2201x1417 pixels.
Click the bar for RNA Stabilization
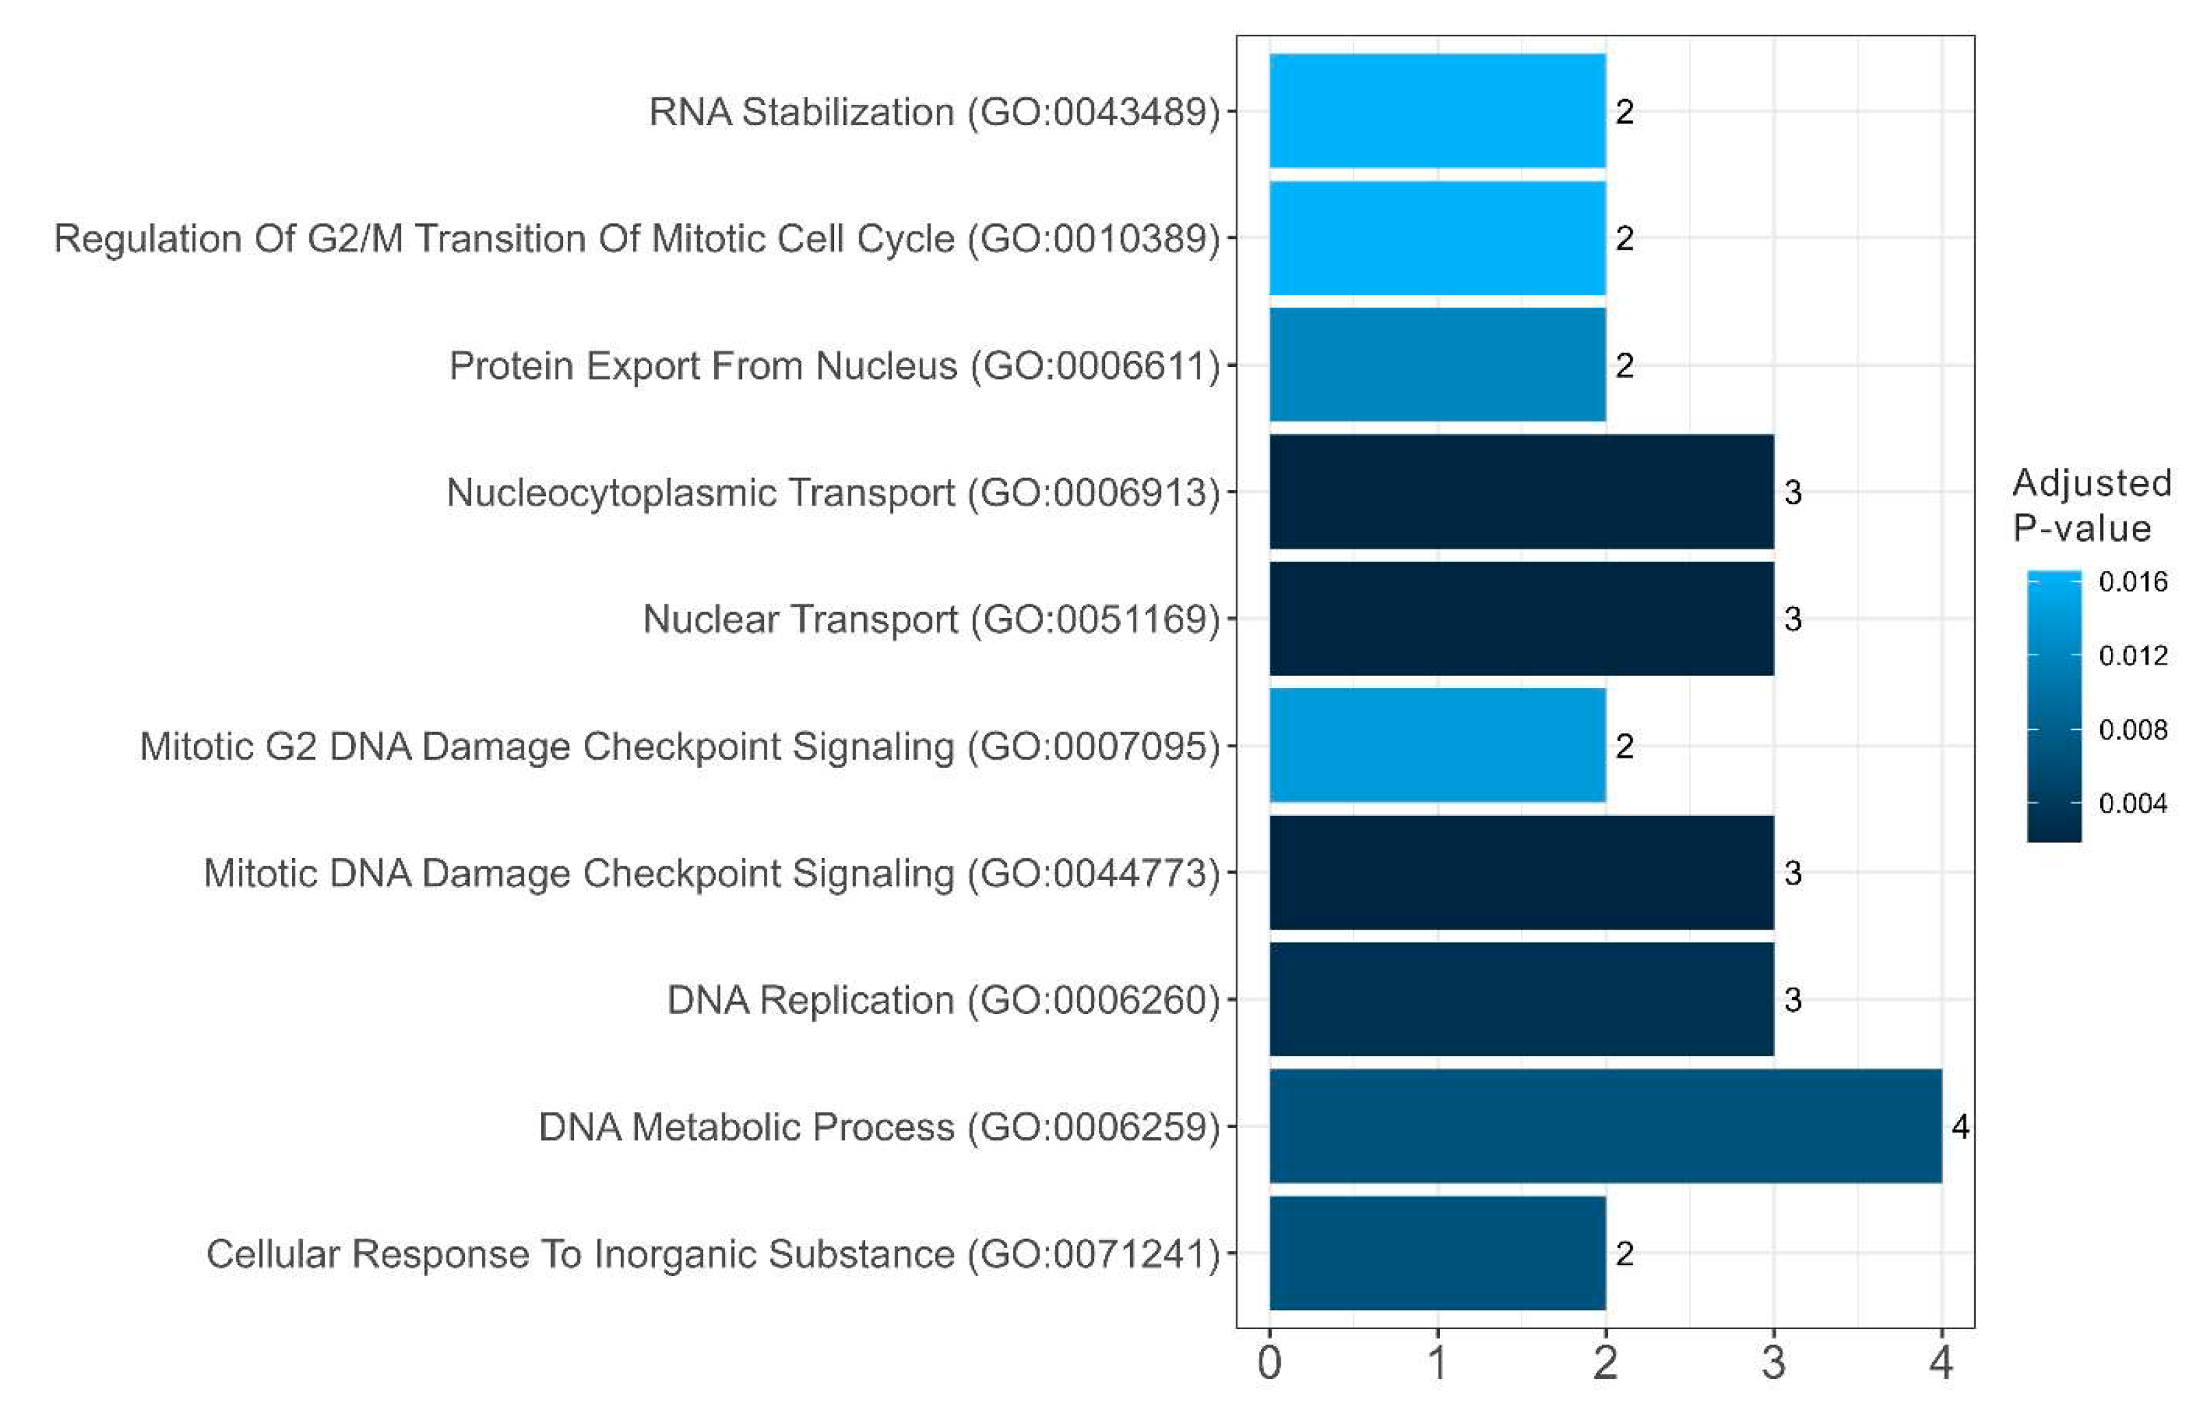coord(1436,112)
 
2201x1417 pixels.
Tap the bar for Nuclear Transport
coord(1521,619)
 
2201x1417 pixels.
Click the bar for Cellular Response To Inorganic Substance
coord(1436,1252)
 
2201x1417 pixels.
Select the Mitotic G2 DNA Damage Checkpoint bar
coord(1436,745)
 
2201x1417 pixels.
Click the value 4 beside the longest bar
coord(1959,1126)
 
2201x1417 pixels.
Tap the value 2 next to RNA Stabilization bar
coord(1624,112)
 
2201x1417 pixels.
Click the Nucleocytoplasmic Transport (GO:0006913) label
coord(833,492)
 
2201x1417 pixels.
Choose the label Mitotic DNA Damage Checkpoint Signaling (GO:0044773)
coord(711,873)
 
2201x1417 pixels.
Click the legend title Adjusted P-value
coord(2091,505)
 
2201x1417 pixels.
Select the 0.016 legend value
coord(2132,581)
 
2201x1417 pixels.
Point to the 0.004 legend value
coord(2132,803)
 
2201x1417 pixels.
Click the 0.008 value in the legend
coord(2132,730)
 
